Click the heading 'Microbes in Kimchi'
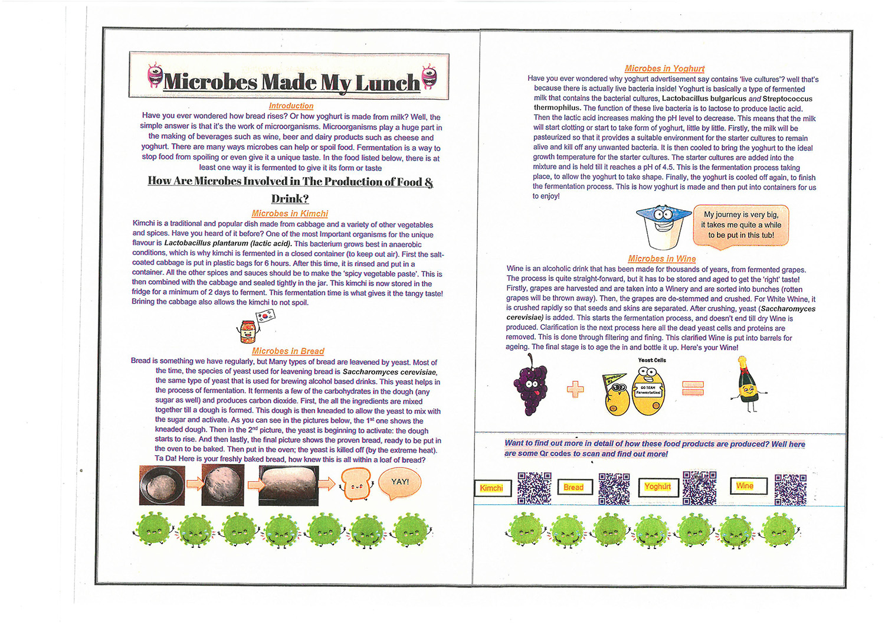290,213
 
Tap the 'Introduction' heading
291,106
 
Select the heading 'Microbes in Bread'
288,351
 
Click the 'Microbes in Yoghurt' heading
664,68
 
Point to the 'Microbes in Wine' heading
661,259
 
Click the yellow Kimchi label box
492,488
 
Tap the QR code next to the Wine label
790,489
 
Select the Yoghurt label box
658,486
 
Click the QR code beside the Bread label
614,488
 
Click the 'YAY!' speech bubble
399,482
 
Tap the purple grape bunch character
531,390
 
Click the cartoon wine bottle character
748,387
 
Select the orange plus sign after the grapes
575,388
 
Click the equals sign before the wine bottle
693,388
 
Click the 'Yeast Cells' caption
652,360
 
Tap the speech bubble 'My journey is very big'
741,225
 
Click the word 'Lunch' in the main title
387,83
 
